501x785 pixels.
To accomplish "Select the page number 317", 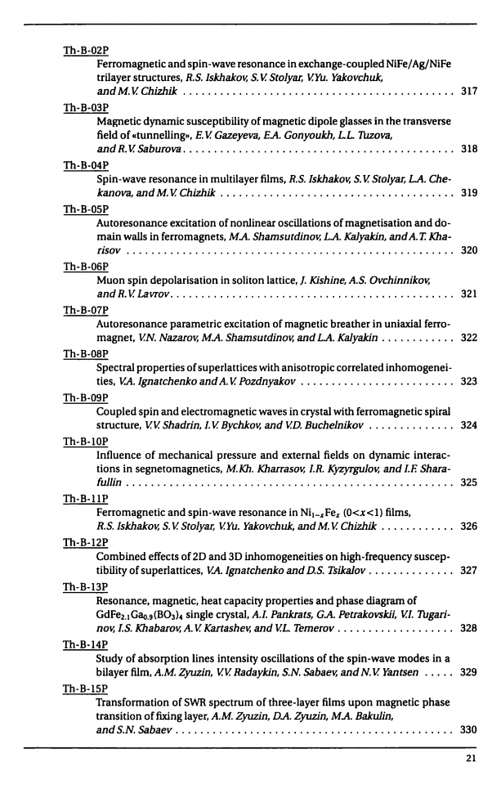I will [469, 90].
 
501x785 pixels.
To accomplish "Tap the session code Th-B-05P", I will [86, 210].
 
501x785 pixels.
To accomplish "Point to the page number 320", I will [469, 250].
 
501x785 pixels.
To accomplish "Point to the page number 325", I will [469, 482].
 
